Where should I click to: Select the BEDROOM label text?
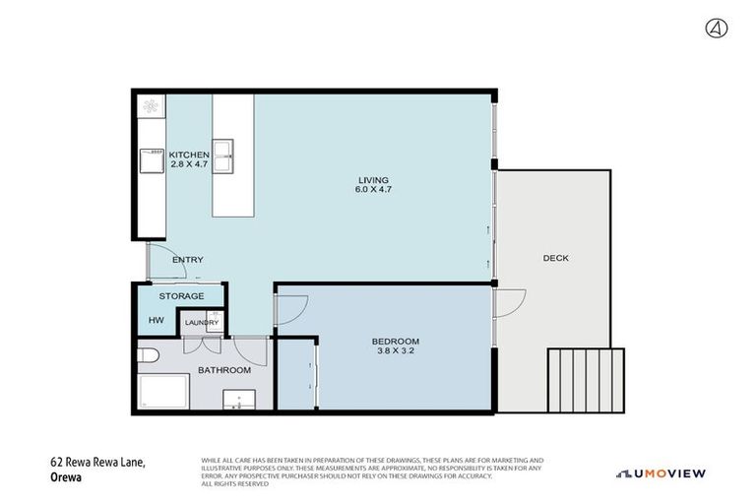click(x=395, y=342)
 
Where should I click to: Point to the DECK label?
click(x=555, y=258)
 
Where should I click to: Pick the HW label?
click(x=156, y=320)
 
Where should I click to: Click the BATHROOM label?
click(x=224, y=370)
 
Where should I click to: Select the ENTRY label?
click(x=187, y=260)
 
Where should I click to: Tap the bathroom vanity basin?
click(x=236, y=399)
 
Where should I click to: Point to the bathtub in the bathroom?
click(x=163, y=391)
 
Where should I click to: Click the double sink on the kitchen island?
click(x=225, y=151)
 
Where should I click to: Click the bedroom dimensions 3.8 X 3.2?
click(x=395, y=352)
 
